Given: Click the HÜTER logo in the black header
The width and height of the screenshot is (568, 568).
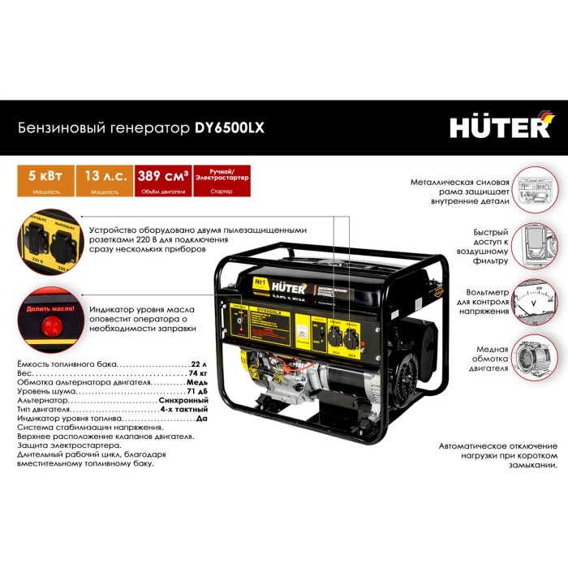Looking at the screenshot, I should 500,127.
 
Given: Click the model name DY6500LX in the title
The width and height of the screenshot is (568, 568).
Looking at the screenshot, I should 230,127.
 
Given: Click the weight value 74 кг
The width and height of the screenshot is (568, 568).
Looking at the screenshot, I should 197,374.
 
